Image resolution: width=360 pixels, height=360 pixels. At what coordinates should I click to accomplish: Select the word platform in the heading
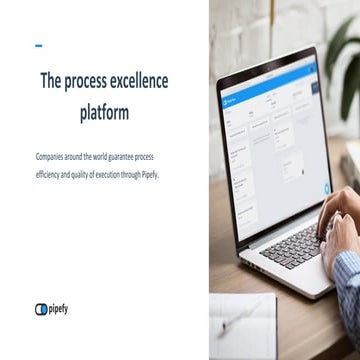coord(104,113)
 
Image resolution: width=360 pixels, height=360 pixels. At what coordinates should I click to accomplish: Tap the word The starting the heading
coord(52,82)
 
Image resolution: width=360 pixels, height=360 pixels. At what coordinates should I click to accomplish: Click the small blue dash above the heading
coord(38,45)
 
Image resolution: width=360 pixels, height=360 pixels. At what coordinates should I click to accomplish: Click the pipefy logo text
coord(59,309)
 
